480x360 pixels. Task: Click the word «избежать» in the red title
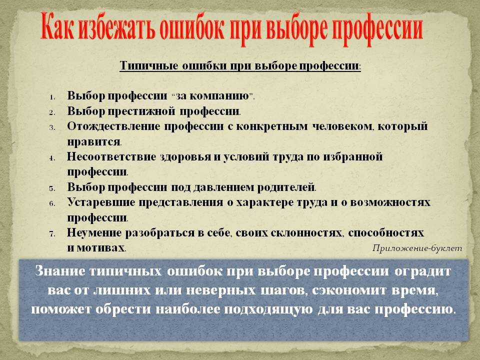click(x=116, y=29)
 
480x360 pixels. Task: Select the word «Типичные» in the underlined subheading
click(x=149, y=66)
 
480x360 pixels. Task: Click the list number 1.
click(x=52, y=97)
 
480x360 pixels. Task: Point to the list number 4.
click(x=52, y=158)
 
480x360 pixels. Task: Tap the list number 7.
click(x=52, y=234)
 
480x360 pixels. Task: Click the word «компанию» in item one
click(x=220, y=96)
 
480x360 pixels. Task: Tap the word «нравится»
click(x=93, y=141)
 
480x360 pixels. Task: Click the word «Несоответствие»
click(x=111, y=156)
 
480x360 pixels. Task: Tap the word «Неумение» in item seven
click(x=94, y=233)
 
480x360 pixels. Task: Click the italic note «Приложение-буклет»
click(x=417, y=248)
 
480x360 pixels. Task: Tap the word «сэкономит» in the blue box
click(x=349, y=290)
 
